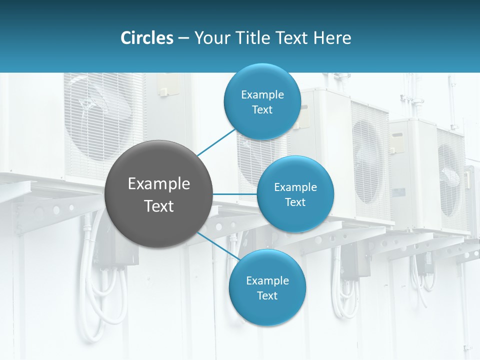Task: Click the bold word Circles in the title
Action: [x=146, y=38]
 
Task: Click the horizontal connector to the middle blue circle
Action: [x=234, y=194]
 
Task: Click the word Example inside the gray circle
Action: [x=158, y=184]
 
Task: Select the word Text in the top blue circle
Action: [x=262, y=110]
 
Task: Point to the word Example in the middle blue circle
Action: [x=295, y=187]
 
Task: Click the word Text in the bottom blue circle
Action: [x=267, y=296]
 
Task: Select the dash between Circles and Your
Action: [x=183, y=38]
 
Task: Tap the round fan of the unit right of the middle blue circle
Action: [x=369, y=160]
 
